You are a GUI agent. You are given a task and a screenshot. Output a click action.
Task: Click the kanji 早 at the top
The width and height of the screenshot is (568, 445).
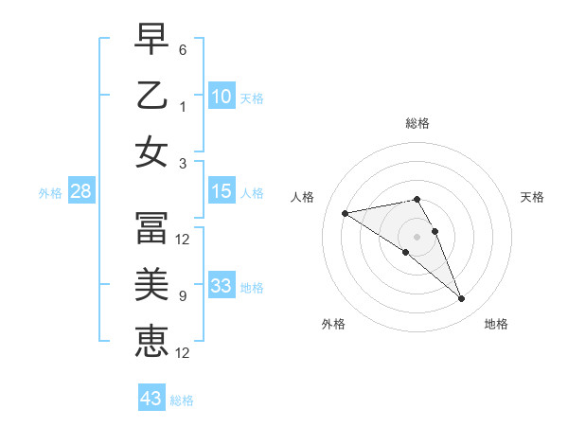(151, 39)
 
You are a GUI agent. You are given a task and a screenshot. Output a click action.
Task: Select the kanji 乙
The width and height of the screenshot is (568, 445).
(151, 96)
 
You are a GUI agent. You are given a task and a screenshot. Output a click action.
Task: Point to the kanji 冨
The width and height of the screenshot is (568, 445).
(151, 227)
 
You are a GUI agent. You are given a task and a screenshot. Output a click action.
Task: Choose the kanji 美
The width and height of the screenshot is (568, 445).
(151, 283)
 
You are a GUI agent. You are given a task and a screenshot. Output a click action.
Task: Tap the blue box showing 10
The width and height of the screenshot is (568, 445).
(221, 97)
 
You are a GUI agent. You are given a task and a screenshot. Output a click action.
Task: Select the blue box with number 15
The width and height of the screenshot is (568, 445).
(221, 191)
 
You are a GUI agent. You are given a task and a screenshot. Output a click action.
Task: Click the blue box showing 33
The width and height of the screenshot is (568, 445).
(221, 286)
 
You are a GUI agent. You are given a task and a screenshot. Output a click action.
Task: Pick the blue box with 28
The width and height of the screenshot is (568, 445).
(80, 191)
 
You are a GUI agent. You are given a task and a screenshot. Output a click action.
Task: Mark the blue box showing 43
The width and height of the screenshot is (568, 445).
(151, 399)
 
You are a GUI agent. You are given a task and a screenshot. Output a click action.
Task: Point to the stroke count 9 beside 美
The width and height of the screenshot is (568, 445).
(183, 296)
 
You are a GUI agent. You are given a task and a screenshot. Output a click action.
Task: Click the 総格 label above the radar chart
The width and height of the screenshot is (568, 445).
(417, 123)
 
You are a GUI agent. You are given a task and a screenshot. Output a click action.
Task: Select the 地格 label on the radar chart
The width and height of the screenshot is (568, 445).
(496, 324)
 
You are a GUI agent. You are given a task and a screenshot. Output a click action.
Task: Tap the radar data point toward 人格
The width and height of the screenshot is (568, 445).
(346, 212)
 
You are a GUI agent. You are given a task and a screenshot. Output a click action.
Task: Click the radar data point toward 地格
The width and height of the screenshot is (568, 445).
(462, 299)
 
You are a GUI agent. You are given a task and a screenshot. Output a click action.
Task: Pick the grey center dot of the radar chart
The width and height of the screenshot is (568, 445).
(417, 236)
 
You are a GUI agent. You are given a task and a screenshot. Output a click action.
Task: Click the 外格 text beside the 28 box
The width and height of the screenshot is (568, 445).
(50, 193)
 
